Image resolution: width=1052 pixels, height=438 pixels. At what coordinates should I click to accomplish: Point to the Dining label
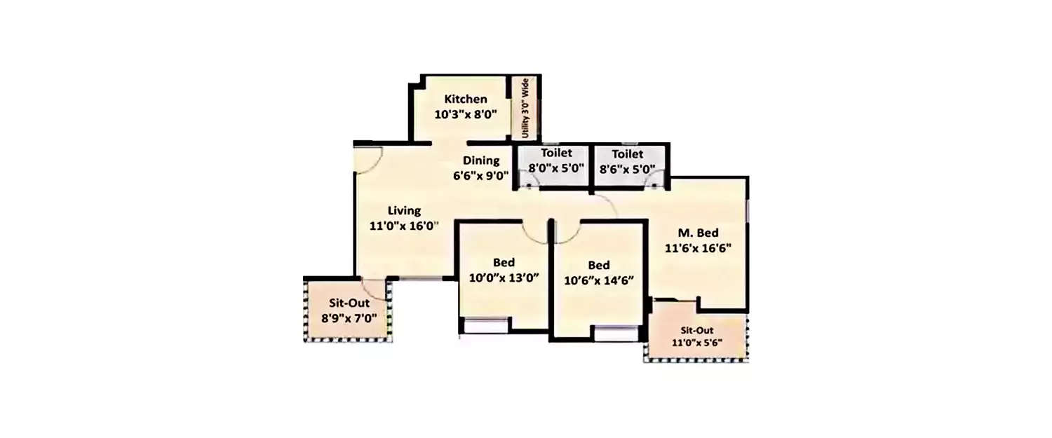(x=480, y=160)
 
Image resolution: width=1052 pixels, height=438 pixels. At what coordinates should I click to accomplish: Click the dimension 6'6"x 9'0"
(x=480, y=176)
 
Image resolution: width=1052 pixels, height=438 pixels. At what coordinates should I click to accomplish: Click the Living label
(x=405, y=210)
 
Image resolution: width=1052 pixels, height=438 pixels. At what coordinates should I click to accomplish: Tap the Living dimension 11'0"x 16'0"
(x=404, y=226)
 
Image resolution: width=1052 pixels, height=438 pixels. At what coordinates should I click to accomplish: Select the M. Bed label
(x=698, y=233)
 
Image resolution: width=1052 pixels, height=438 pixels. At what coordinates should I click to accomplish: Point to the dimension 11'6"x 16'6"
(x=698, y=247)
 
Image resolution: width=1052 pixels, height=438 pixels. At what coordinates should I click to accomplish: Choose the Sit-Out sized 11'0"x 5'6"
(x=697, y=336)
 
